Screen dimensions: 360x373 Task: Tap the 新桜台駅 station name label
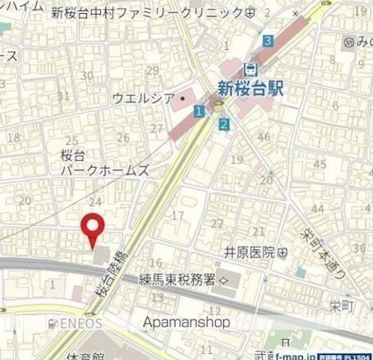[252, 87]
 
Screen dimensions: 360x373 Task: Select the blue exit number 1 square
[200, 111]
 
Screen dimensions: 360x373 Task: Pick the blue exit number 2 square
[225, 125]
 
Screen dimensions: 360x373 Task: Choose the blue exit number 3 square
[267, 40]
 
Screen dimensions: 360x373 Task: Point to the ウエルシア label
[144, 99]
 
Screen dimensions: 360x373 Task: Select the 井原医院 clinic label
[248, 252]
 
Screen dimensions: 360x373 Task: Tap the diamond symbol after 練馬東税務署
[224, 280]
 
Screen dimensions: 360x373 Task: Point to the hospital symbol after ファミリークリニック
[251, 13]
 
